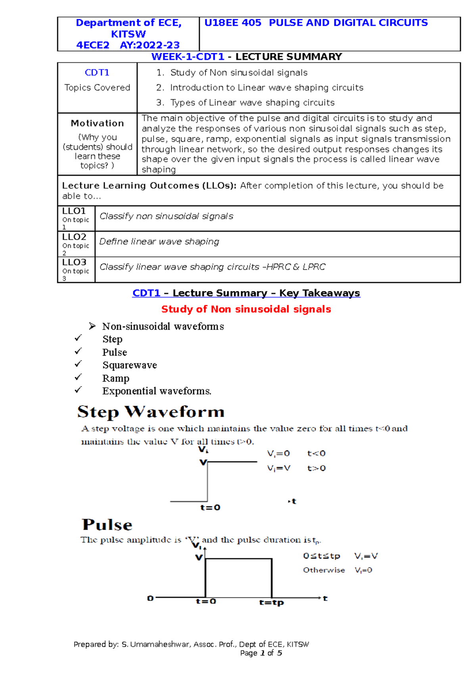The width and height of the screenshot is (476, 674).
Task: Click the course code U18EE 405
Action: (x=232, y=23)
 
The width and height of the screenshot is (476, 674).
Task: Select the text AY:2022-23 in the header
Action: (x=150, y=45)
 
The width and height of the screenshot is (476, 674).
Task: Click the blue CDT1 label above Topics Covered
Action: (x=97, y=73)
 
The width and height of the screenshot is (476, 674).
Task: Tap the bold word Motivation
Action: (x=97, y=123)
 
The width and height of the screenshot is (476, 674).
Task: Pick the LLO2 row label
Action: (x=74, y=237)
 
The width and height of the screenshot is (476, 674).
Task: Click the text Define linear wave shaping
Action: (x=159, y=242)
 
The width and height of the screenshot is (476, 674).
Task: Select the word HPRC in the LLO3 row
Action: (x=278, y=267)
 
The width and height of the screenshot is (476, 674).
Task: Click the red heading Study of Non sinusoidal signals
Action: (x=246, y=309)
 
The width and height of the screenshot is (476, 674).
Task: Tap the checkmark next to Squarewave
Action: (x=78, y=364)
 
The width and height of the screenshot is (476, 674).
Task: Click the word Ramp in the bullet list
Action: (x=116, y=378)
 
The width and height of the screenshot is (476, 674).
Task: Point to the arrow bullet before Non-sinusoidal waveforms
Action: (x=92, y=326)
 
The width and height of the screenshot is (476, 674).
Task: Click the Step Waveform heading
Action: (x=151, y=412)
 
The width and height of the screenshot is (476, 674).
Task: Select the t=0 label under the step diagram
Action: (x=210, y=508)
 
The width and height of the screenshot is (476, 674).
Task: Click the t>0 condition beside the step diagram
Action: (x=317, y=468)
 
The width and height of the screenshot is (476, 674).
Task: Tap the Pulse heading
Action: (x=107, y=525)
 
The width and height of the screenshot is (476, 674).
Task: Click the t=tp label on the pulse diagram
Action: (x=271, y=603)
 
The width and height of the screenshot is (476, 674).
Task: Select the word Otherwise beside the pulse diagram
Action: (x=324, y=570)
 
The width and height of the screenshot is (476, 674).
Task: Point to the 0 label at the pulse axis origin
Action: (x=150, y=598)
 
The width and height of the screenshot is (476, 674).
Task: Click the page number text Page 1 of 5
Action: (x=261, y=653)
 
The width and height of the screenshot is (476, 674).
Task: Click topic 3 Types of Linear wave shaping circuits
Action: (x=252, y=103)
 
